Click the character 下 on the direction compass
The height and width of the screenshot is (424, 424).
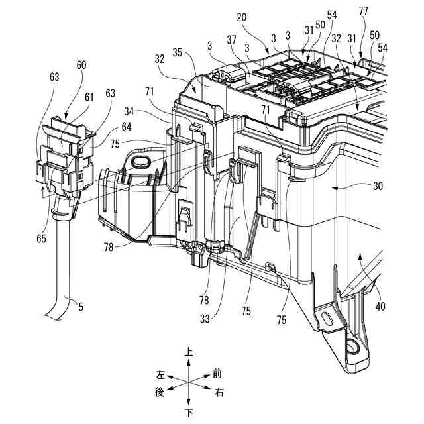point(189,412)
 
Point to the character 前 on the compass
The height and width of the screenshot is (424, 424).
point(217,374)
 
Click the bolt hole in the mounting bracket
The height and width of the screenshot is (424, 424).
point(352,344)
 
